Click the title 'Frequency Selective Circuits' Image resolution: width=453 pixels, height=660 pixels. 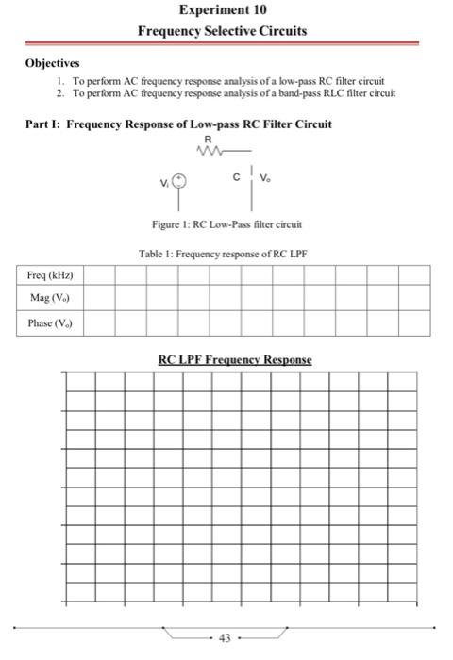(x=222, y=30)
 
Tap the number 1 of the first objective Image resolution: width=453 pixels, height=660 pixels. (x=59, y=82)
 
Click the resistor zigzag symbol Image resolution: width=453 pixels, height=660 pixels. (x=210, y=148)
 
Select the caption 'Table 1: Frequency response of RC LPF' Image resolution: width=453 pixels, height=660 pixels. (x=223, y=254)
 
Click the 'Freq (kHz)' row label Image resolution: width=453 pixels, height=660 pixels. (x=50, y=275)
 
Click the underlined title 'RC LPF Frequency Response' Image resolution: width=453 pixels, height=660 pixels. (x=234, y=359)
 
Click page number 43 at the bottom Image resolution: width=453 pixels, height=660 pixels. (x=224, y=638)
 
